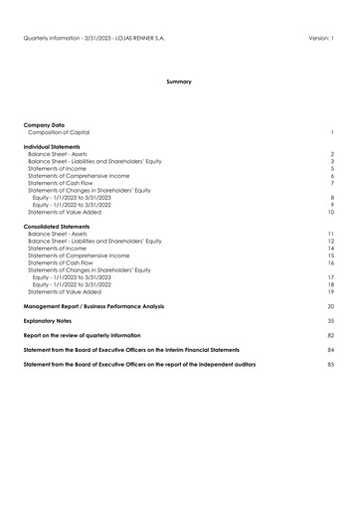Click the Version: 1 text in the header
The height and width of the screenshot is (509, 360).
[317, 38]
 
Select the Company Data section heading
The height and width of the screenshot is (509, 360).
[44, 124]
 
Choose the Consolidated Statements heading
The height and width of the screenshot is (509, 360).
[59, 226]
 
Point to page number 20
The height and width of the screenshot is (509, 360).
[330, 306]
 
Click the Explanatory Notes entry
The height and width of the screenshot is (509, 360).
[51, 321]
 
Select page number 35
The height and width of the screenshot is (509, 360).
[330, 321]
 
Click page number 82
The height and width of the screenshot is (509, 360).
[330, 336]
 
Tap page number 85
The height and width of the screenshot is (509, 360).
[330, 365]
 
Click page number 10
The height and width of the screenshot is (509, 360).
[330, 212]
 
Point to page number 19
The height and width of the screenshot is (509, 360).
[330, 291]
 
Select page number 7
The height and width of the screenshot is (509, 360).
[331, 183]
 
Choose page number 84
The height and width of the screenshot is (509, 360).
[330, 350]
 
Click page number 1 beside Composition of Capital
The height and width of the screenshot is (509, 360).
[332, 131]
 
